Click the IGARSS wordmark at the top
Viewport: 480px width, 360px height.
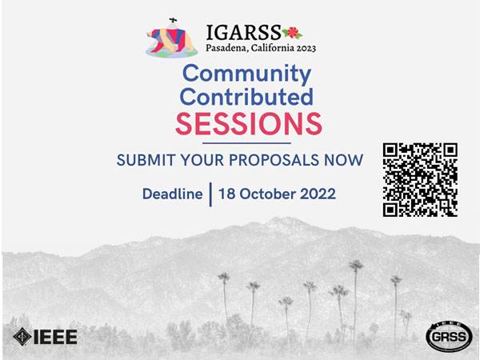[243, 33]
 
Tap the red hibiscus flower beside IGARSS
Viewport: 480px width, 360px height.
[292, 33]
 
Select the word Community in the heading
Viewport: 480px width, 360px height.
[246, 74]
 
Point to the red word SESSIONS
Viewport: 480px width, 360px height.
[248, 124]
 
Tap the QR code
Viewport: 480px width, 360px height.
[420, 180]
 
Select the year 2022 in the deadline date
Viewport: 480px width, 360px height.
[317, 194]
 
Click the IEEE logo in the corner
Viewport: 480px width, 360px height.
[45, 337]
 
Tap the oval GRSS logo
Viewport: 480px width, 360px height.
[448, 337]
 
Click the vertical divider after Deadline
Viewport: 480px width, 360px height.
[210, 194]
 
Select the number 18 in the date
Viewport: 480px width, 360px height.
[227, 194]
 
